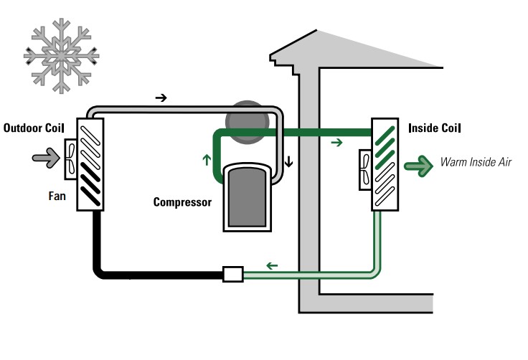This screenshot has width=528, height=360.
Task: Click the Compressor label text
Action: click(x=182, y=202)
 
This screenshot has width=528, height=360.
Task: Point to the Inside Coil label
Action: click(x=434, y=128)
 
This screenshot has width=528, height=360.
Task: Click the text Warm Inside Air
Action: click(x=476, y=163)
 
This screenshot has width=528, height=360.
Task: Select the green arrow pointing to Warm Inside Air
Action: click(x=418, y=166)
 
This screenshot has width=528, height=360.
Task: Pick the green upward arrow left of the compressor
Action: click(x=207, y=160)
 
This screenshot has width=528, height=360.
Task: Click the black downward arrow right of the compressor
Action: click(x=288, y=161)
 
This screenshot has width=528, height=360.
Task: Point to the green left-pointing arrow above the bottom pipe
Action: click(x=273, y=266)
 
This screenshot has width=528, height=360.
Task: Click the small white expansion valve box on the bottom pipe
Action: click(x=233, y=274)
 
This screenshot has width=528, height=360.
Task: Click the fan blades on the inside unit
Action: click(x=365, y=169)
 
